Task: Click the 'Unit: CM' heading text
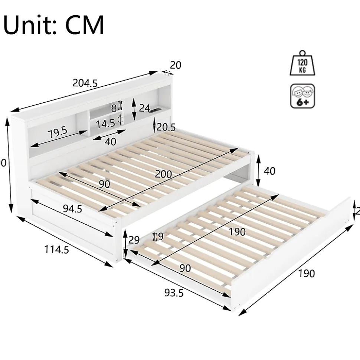(54, 25)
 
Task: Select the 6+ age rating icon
(302, 96)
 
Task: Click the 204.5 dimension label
(85, 83)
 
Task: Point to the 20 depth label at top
(176, 65)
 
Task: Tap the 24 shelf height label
(144, 108)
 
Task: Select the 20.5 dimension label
(166, 127)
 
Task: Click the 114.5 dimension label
(57, 250)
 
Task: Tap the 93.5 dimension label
(174, 293)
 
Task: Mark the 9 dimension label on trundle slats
(160, 236)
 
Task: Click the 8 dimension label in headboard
(114, 108)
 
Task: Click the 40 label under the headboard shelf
(111, 141)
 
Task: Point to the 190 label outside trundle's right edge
(306, 273)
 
